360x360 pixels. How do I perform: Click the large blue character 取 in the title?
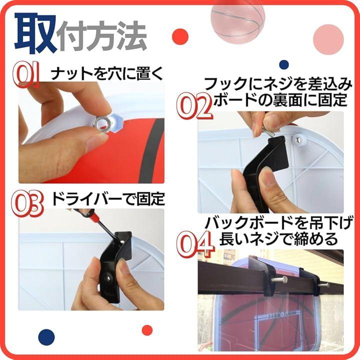(35, 33)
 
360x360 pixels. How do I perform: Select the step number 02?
(194, 106)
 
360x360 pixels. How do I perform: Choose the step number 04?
(195, 244)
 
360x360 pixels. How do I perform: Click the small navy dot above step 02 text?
(284, 64)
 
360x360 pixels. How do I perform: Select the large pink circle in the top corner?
(328, 39)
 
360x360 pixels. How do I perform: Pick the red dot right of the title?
(180, 36)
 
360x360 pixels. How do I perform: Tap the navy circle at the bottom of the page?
(46, 337)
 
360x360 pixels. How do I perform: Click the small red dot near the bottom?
(147, 330)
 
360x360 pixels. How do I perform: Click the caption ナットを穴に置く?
(107, 73)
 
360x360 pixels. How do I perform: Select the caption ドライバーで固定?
(108, 198)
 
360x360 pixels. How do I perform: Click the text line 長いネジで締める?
(278, 239)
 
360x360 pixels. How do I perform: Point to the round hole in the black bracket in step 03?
(107, 278)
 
